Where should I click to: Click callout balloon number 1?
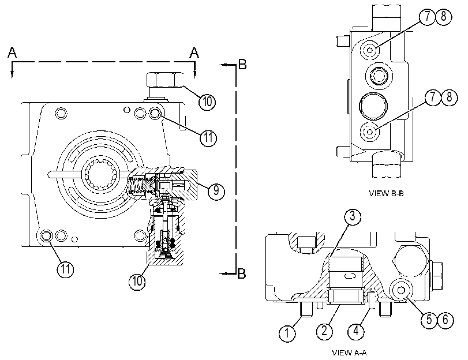(287, 332)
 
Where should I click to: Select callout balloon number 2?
(324, 331)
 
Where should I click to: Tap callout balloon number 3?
(353, 216)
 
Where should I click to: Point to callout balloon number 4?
(357, 331)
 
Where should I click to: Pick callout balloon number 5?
(429, 320)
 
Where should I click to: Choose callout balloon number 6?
(445, 320)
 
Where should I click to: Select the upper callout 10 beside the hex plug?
(207, 101)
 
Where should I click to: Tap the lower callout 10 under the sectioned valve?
(137, 281)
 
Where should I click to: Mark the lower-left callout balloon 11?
(65, 269)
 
